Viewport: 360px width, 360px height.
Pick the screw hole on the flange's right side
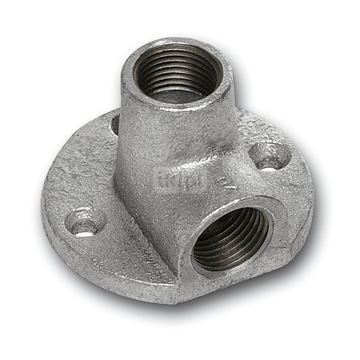(270, 154)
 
